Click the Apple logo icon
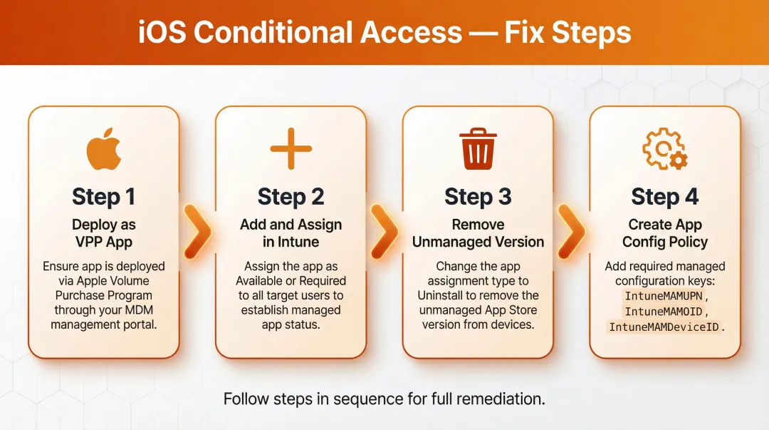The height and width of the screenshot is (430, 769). (104, 149)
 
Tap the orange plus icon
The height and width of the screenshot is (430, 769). (291, 149)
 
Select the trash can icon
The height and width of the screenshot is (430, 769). (478, 150)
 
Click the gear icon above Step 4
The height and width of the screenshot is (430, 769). (664, 150)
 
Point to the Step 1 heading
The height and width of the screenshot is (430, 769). (104, 197)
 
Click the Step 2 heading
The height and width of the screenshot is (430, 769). (291, 197)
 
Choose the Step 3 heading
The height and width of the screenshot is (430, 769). (478, 197)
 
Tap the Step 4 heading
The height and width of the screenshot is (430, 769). (664, 197)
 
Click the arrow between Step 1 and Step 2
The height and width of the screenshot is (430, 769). (197, 232)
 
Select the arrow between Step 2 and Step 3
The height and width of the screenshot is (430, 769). (384, 232)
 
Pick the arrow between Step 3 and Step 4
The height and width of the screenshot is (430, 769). (571, 232)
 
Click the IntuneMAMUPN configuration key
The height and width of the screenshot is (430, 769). (660, 296)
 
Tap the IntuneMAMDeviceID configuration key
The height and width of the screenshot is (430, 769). (664, 327)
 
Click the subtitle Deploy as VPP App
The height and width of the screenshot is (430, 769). (104, 233)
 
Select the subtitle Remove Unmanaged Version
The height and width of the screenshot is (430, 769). (478, 233)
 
